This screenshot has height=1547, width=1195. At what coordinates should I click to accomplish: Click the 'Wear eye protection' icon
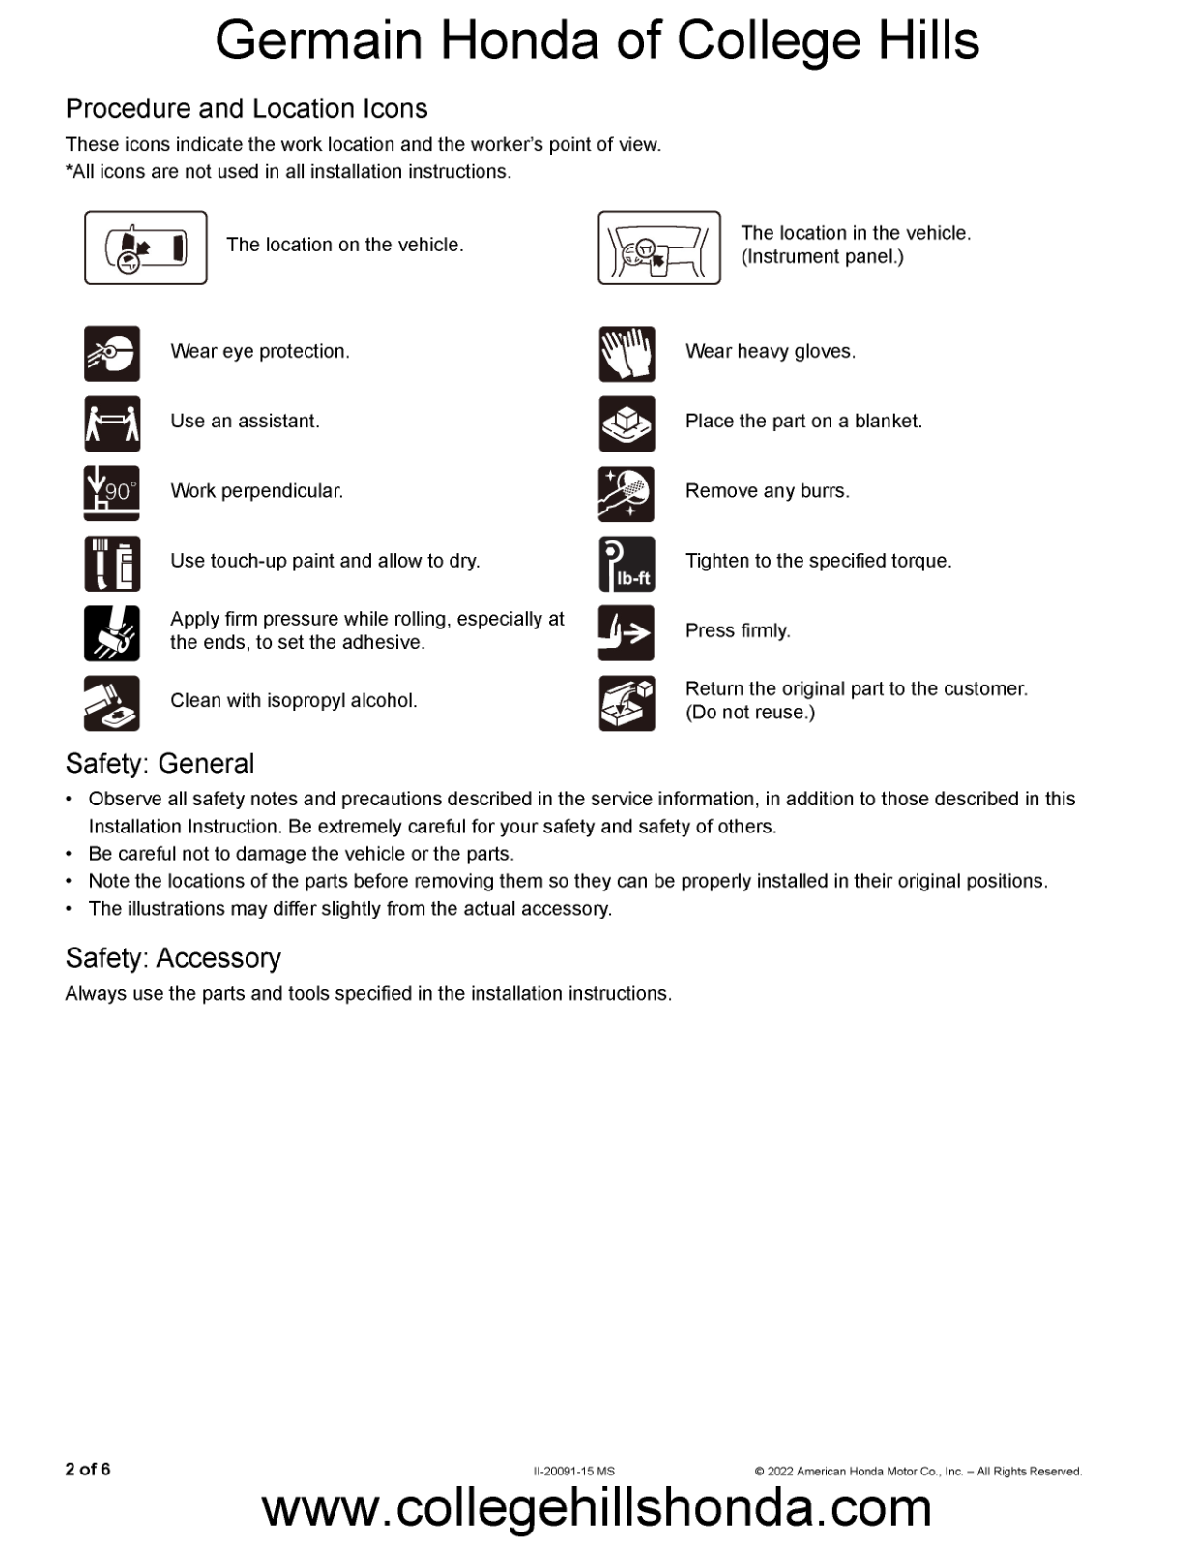coord(112,354)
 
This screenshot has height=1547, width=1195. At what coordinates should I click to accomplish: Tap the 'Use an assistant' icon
coord(112,423)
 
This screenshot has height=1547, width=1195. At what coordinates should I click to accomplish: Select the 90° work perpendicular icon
coord(112,493)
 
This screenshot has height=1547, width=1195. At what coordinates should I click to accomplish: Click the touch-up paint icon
coord(112,563)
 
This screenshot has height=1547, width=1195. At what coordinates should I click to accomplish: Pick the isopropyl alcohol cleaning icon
coord(112,703)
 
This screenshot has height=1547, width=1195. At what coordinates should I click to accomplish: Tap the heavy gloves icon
coord(627,354)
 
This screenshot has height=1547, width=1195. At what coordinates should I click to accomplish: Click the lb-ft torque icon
coord(627,564)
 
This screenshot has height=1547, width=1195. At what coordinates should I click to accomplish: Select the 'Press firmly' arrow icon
coord(627,633)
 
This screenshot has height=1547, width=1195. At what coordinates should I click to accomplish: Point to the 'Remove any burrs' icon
coord(627,493)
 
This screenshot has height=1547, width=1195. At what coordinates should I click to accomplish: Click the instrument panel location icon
coord(659,248)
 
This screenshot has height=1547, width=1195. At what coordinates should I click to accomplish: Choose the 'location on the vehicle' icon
coord(146,248)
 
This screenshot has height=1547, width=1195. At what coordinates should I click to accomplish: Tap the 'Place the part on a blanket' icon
coord(627,423)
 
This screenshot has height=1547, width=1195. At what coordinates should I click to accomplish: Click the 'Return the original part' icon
coord(627,703)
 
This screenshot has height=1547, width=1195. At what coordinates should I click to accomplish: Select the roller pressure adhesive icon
coord(112,633)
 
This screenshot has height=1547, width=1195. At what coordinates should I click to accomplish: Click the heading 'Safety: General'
coord(160,764)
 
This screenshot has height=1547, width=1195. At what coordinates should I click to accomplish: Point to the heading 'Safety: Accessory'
coord(173,958)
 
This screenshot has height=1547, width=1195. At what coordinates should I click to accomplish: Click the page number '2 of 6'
coord(88,1470)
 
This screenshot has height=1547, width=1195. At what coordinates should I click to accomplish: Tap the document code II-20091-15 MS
coord(574,1472)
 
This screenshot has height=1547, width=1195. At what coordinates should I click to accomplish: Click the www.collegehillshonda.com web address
coord(597,1508)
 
